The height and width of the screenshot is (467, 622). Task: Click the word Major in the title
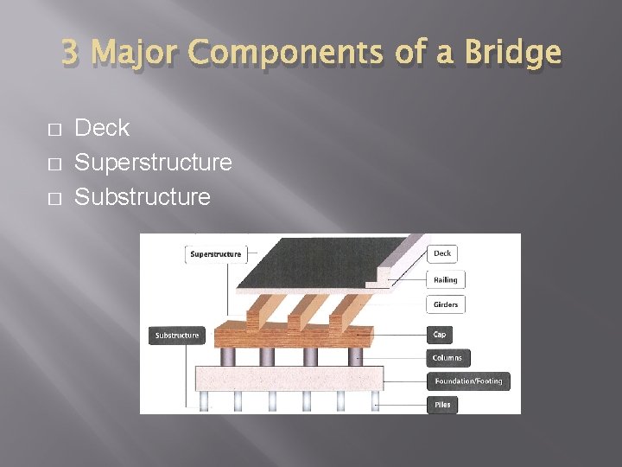pyautogui.click(x=138, y=54)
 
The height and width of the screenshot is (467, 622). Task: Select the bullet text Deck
pyautogui.click(x=102, y=128)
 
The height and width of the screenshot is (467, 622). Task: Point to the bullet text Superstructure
pyautogui.click(x=153, y=163)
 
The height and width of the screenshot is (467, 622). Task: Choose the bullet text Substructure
pyautogui.click(x=143, y=197)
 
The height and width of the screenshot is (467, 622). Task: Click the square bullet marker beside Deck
pyautogui.click(x=54, y=130)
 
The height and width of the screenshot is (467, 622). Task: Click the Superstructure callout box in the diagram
pyautogui.click(x=215, y=254)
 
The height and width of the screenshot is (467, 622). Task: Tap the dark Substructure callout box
pyautogui.click(x=177, y=336)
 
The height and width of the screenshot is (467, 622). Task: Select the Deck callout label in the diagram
pyautogui.click(x=442, y=253)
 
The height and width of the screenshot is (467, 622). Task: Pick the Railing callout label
pyautogui.click(x=446, y=279)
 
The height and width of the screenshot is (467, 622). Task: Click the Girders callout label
pyautogui.click(x=447, y=304)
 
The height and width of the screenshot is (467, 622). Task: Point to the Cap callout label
pyautogui.click(x=441, y=334)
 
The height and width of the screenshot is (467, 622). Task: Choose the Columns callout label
pyautogui.click(x=447, y=357)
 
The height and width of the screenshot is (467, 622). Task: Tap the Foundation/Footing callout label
pyautogui.click(x=467, y=381)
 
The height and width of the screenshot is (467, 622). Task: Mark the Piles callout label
pyautogui.click(x=442, y=404)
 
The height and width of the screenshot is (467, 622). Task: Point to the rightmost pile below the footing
pyautogui.click(x=375, y=400)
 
